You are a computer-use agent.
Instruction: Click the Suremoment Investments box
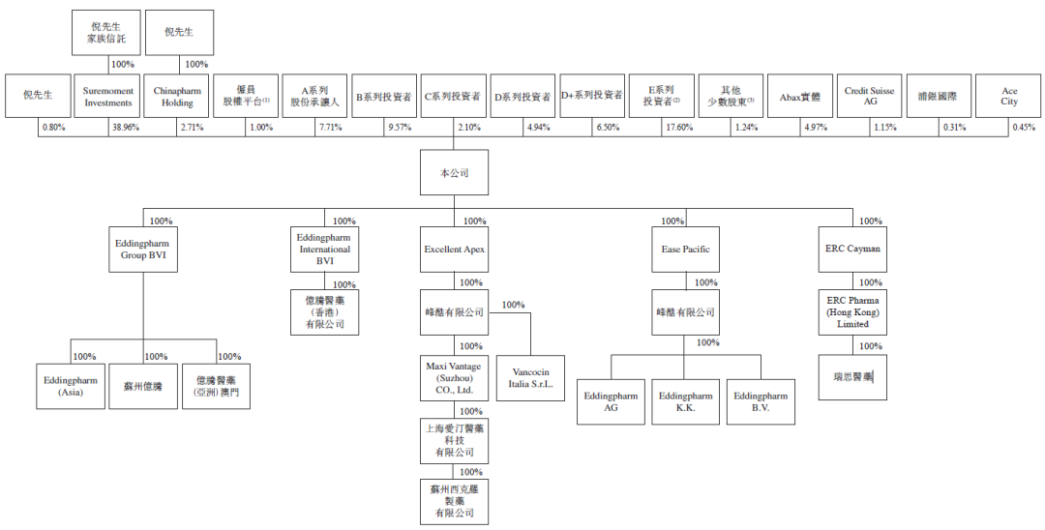[107, 96]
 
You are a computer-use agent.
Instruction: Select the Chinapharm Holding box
[177, 96]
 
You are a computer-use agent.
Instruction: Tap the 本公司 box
[454, 173]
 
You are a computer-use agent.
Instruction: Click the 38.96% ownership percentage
[124, 128]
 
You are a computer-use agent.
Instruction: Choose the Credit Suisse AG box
[869, 96]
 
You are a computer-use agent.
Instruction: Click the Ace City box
[1009, 96]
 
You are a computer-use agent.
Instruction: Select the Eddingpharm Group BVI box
[143, 250]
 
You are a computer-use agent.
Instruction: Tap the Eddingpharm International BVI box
[325, 249]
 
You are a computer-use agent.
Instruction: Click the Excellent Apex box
[454, 250]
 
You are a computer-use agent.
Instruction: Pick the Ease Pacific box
[685, 250]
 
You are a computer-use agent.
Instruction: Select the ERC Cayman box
[853, 250]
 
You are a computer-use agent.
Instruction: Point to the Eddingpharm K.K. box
[685, 401]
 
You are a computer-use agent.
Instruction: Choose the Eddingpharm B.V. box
[761, 401]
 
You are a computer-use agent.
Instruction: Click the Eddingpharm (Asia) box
[71, 386]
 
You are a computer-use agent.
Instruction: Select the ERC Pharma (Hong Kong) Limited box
[853, 312]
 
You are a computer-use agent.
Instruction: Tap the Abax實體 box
[799, 96]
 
